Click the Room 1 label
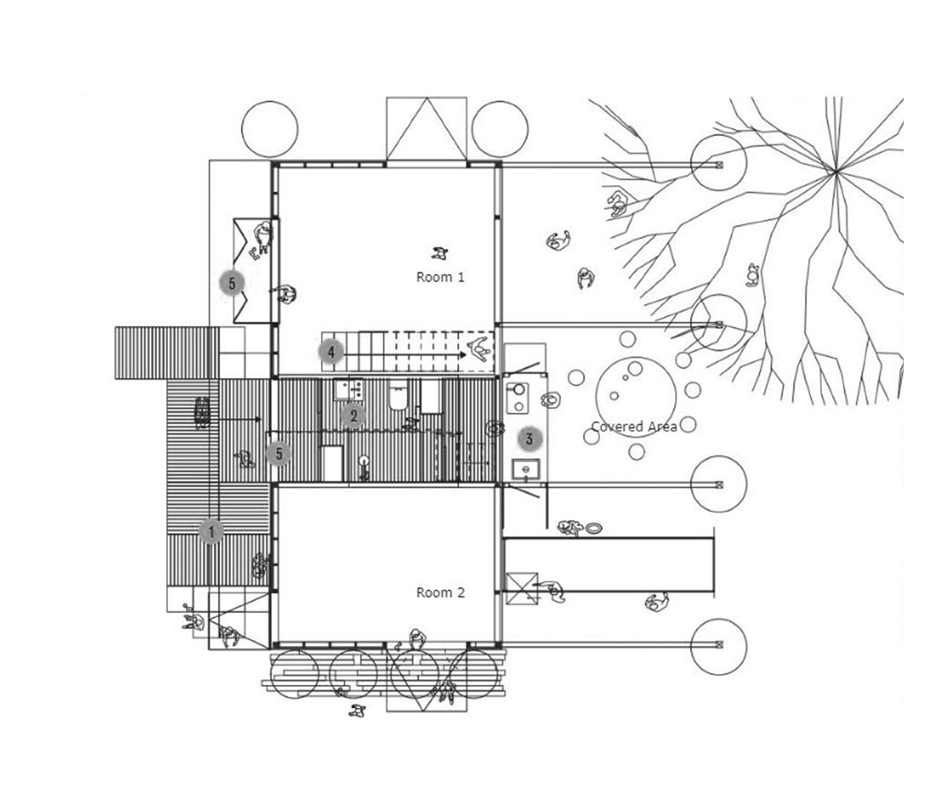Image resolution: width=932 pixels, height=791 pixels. tap(440, 277)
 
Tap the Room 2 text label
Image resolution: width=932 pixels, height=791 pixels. tap(440, 592)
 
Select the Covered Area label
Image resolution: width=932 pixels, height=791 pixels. tap(634, 427)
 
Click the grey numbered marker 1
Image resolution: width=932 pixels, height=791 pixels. tap(211, 531)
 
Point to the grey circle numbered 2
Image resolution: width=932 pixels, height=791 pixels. tap(353, 416)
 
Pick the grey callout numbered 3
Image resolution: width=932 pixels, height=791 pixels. tap(529, 439)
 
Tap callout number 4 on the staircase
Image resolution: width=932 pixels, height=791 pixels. tap(331, 352)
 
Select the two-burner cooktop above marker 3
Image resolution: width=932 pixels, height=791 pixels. tap(516, 398)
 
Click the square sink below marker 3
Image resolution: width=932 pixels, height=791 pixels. tap(526, 469)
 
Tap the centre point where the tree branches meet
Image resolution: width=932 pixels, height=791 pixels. tap(835, 172)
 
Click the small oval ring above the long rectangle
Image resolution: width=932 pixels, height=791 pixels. tap(594, 529)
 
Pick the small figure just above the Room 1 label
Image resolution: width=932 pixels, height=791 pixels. tap(439, 252)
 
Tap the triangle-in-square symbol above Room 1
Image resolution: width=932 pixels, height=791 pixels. tap(427, 129)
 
